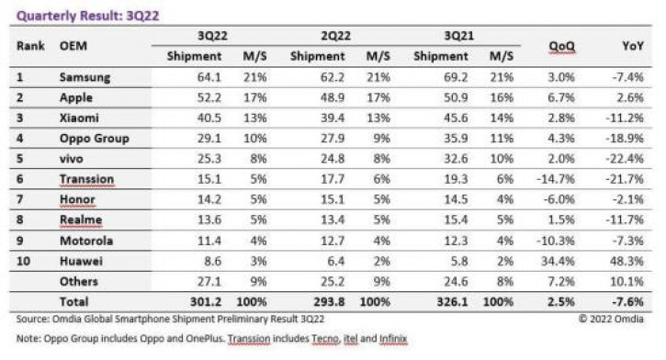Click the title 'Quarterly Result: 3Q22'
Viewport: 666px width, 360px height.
[x=87, y=16]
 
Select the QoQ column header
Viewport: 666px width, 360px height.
[x=561, y=46]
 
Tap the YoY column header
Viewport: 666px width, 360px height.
[x=632, y=46]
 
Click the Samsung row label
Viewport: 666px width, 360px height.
[x=85, y=77]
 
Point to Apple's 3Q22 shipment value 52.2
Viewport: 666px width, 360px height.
[x=209, y=97]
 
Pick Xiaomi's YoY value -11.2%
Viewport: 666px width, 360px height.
[x=625, y=118]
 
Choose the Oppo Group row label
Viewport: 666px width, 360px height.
[x=94, y=139]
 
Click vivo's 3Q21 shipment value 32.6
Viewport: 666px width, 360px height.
[x=456, y=159]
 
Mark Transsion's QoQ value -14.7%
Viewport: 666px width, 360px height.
[x=556, y=179]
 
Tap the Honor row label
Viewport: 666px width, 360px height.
[x=77, y=199]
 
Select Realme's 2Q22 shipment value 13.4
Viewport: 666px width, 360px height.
[x=333, y=219]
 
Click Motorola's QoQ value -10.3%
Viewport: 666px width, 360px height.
[x=556, y=241]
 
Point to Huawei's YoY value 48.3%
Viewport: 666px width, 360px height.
[x=626, y=261]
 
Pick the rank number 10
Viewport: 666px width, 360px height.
[x=23, y=261]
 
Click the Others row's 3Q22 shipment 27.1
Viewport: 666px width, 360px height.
[x=209, y=281]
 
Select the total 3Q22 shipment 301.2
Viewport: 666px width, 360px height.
[x=206, y=302]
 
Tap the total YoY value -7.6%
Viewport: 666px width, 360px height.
[x=627, y=302]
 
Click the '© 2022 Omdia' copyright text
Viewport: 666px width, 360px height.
[x=611, y=319]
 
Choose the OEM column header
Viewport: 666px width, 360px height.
[x=73, y=46]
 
